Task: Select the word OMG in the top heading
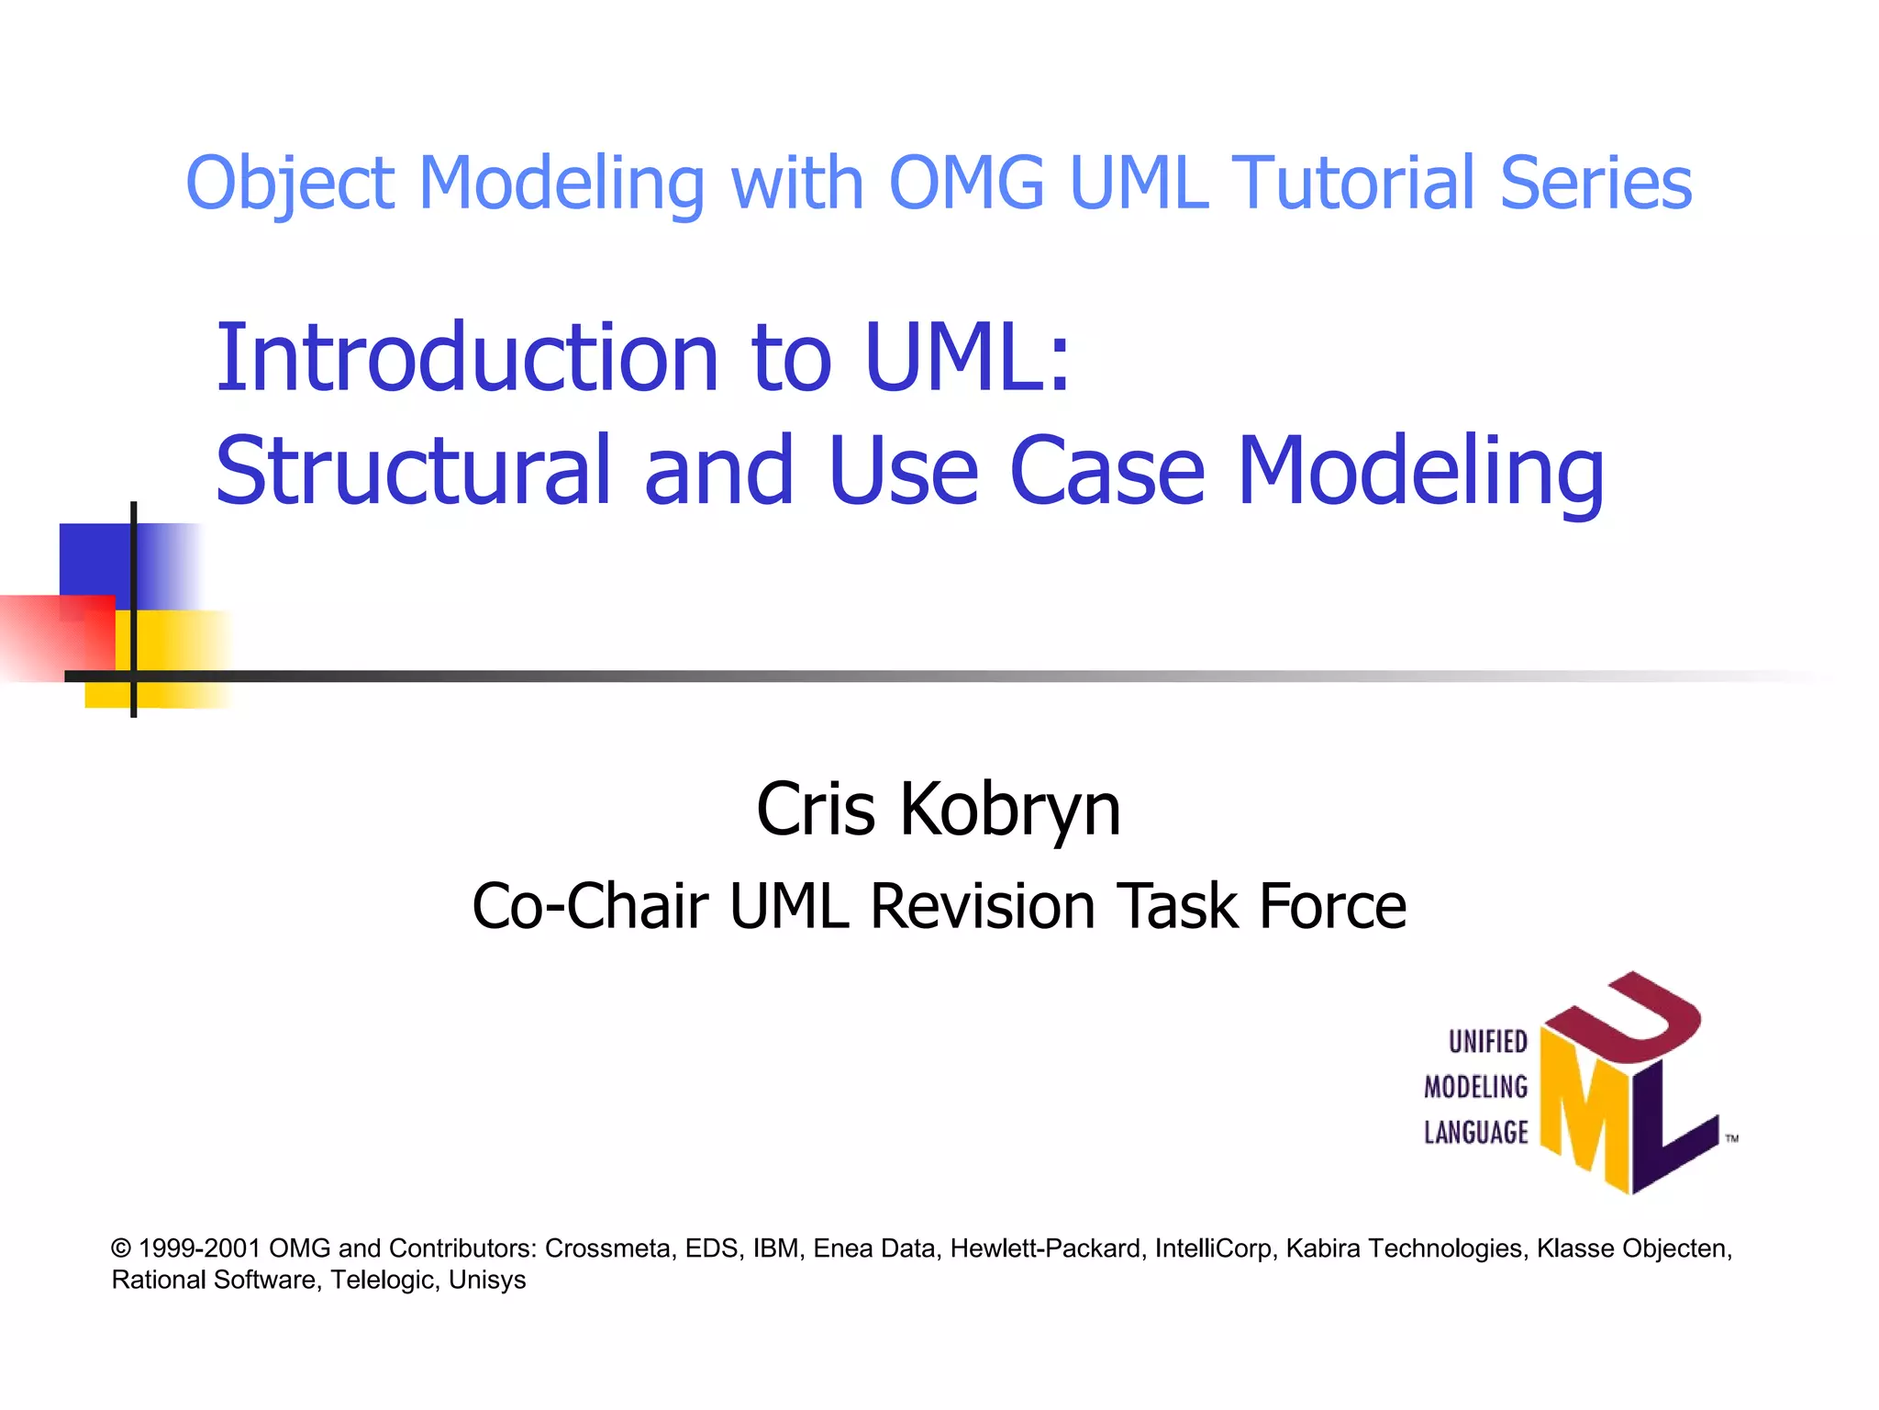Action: tap(966, 183)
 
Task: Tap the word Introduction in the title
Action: tap(467, 357)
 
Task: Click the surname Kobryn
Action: tap(1009, 810)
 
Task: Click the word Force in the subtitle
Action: tap(1332, 907)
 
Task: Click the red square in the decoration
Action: tap(55, 637)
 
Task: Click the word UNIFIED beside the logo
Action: tap(1487, 1042)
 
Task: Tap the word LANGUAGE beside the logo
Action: tap(1475, 1133)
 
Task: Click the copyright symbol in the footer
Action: tap(121, 1248)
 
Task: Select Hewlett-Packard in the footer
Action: tap(1046, 1248)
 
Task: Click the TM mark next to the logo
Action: tap(1731, 1138)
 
